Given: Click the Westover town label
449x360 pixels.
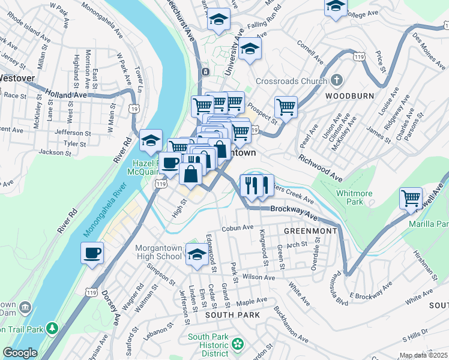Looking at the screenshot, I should (x=17, y=78).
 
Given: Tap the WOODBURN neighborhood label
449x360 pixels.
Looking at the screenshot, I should (x=349, y=96).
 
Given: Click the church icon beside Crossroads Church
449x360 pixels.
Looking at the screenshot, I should (x=337, y=80).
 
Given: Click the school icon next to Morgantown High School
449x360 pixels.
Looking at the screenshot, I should (x=196, y=255).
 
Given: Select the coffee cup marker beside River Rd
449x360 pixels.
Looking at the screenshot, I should (x=92, y=253).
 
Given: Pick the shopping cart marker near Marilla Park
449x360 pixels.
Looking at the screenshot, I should (x=411, y=198).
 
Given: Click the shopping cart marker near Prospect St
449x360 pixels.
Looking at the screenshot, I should (x=286, y=108).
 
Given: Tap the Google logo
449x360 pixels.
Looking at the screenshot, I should (x=20, y=353).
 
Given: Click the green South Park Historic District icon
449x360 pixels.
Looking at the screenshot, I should (x=238, y=344).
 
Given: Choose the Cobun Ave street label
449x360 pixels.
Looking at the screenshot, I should (x=235, y=228).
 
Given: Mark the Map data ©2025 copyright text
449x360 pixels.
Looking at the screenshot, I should (x=423, y=355).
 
